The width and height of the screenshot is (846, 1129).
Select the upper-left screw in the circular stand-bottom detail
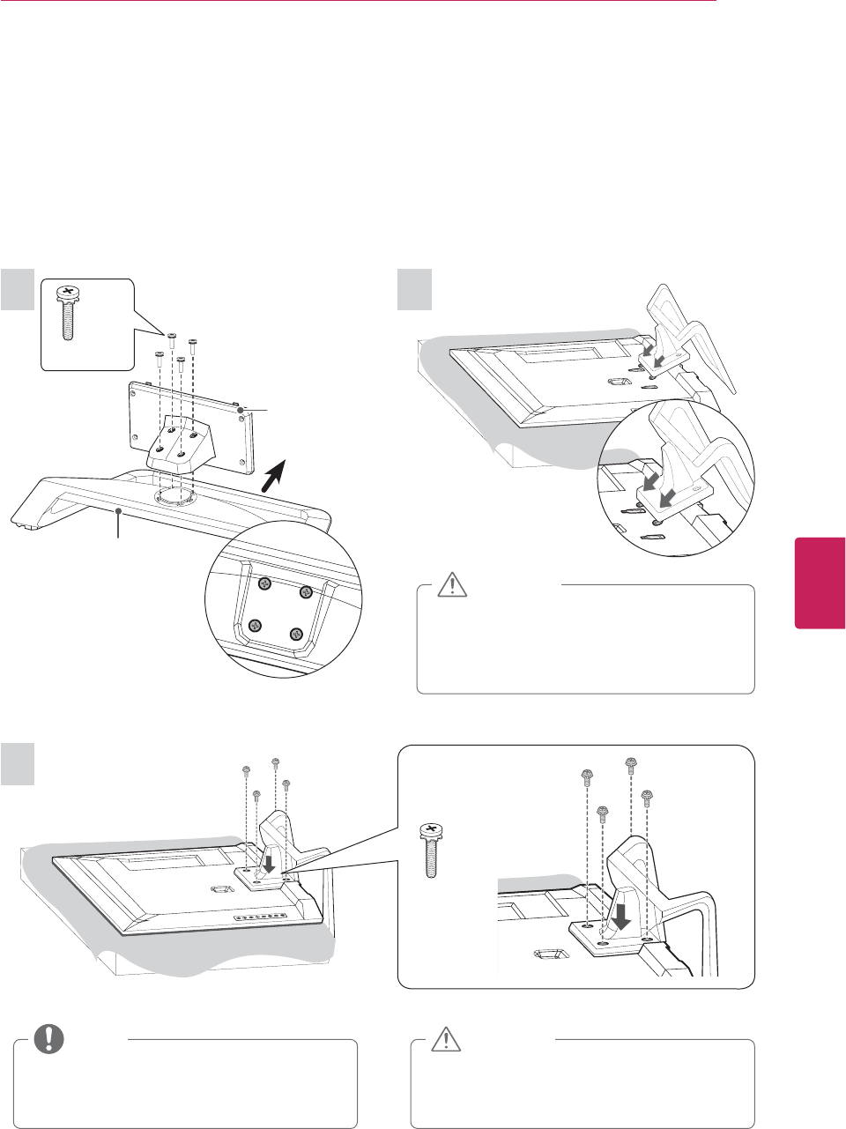pyautogui.click(x=263, y=583)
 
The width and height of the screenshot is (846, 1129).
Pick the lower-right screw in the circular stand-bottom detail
pyautogui.click(x=297, y=633)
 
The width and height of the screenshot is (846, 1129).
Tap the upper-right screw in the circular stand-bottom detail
pyautogui.click(x=306, y=591)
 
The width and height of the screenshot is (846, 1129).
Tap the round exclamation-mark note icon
pyautogui.click(x=49, y=1040)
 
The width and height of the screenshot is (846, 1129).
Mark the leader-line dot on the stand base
pyautogui.click(x=119, y=510)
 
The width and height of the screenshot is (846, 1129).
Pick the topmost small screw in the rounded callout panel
pyautogui.click(x=630, y=762)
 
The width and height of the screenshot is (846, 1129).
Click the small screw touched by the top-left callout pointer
pyautogui.click(x=172, y=338)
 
